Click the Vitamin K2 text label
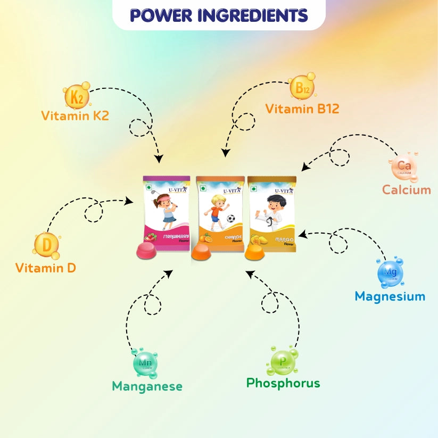pyautogui.click(x=75, y=115)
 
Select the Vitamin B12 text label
pyautogui.click(x=302, y=109)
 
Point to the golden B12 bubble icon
pyautogui.click(x=302, y=88)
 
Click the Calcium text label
pyautogui.click(x=406, y=189)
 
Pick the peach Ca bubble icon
pyautogui.click(x=404, y=167)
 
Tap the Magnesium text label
pyautogui.click(x=390, y=296)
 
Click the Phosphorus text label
pyautogui.click(x=283, y=383)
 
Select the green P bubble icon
pyautogui.click(x=283, y=361)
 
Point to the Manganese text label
pyautogui.click(x=147, y=386)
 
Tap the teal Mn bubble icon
pyautogui.click(x=145, y=364)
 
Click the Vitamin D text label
pyautogui.click(x=46, y=268)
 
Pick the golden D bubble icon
pyautogui.click(x=47, y=245)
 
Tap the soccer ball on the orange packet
pyautogui.click(x=231, y=218)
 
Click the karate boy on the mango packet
pyautogui.click(x=272, y=212)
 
